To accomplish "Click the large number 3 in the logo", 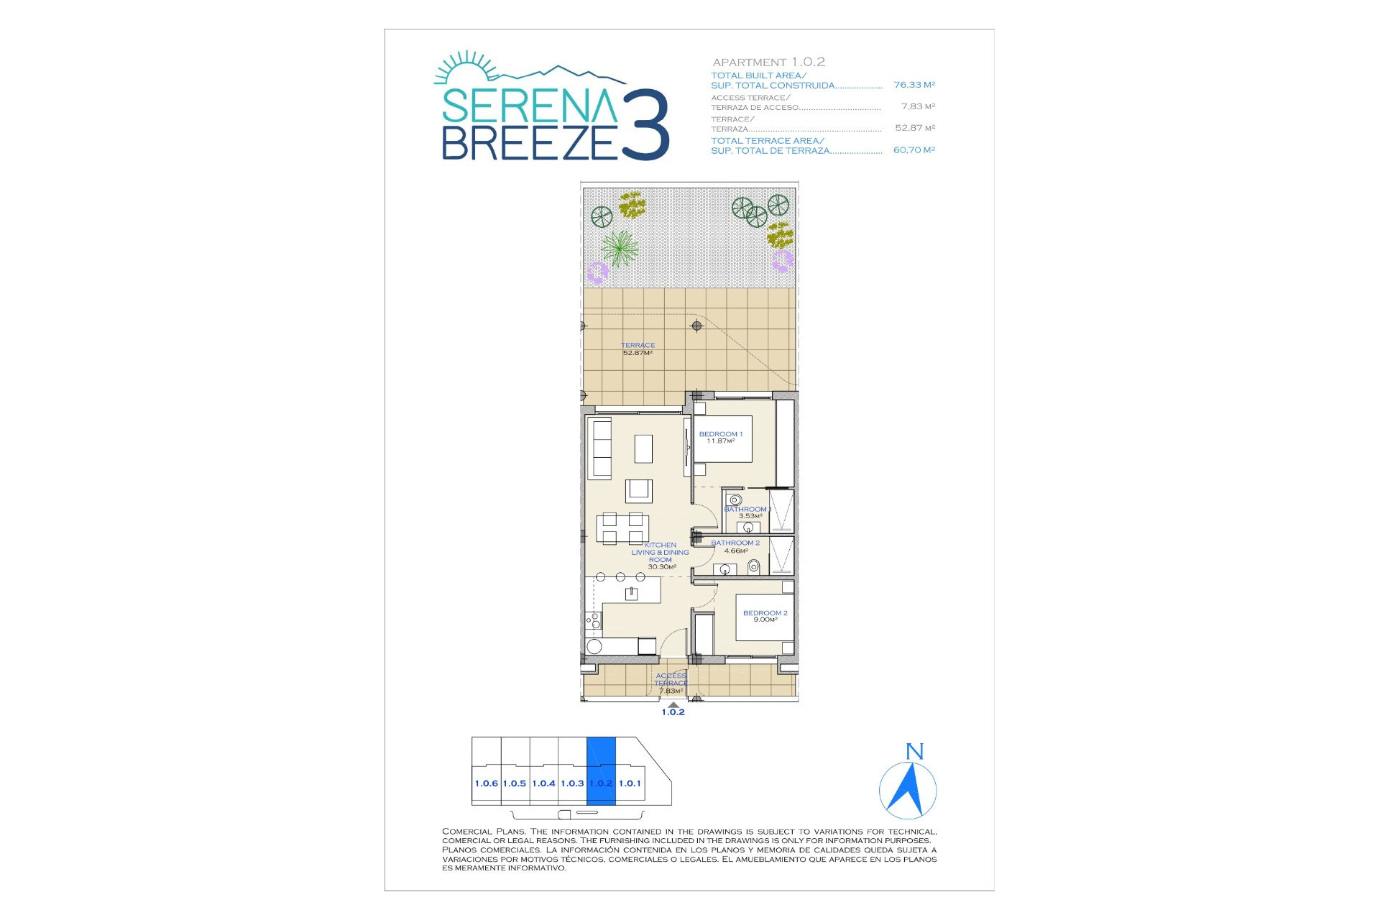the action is point(645,124).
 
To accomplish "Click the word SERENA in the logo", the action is point(529,106).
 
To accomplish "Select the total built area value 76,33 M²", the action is point(914,85).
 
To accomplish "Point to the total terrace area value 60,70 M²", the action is point(914,150).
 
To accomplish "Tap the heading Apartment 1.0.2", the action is point(768,63).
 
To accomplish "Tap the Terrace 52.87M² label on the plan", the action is point(638,349).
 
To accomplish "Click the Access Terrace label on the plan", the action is point(671,684).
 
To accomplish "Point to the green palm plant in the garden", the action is point(619,248).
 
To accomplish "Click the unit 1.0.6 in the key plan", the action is point(486,783).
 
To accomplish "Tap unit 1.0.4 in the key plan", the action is point(544,783).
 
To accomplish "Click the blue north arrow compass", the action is point(908,791).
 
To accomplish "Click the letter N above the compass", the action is point(914,752).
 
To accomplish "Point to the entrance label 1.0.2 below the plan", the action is point(673,712).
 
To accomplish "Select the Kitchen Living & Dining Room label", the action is point(661,556).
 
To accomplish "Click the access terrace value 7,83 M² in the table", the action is point(918,106).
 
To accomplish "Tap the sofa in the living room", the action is point(600,448).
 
